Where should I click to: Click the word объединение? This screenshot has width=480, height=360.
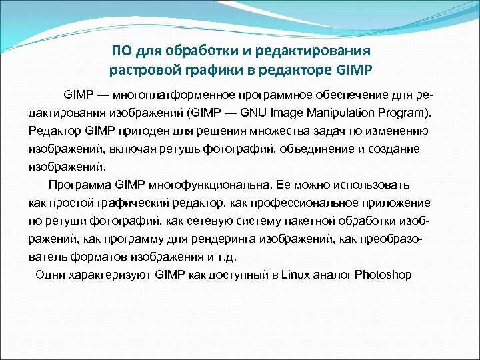pyautogui.click(x=305, y=148)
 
